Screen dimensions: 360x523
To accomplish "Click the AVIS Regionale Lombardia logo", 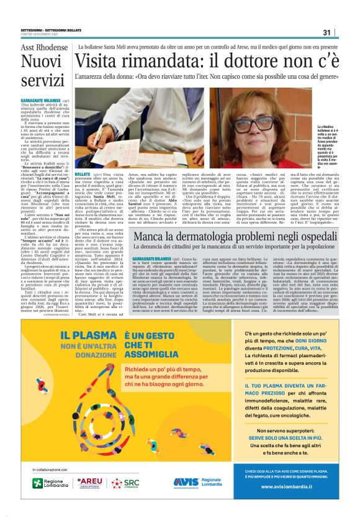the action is (x=197, y=482).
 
